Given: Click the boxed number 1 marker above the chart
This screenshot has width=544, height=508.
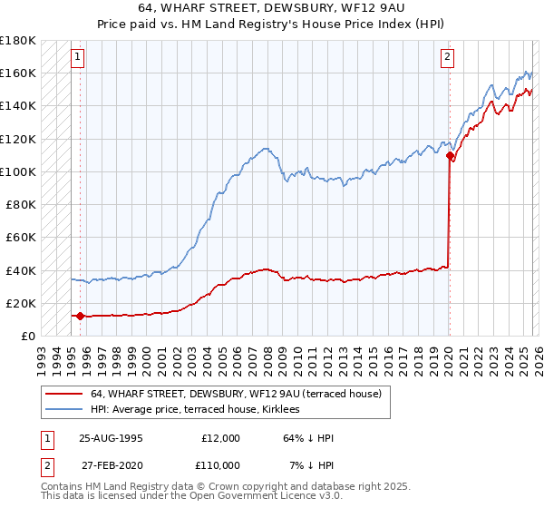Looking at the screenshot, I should click(x=79, y=57).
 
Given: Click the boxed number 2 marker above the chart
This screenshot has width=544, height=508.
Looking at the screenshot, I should click(x=448, y=57).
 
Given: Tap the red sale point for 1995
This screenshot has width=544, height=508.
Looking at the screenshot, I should click(x=80, y=316).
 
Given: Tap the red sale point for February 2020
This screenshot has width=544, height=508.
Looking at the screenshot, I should click(x=451, y=155).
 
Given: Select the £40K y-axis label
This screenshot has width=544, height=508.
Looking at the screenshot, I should click(x=21, y=270).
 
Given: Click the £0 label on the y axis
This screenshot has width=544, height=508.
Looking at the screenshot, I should click(x=28, y=337).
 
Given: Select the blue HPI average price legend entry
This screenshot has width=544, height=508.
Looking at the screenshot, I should click(x=200, y=410).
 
